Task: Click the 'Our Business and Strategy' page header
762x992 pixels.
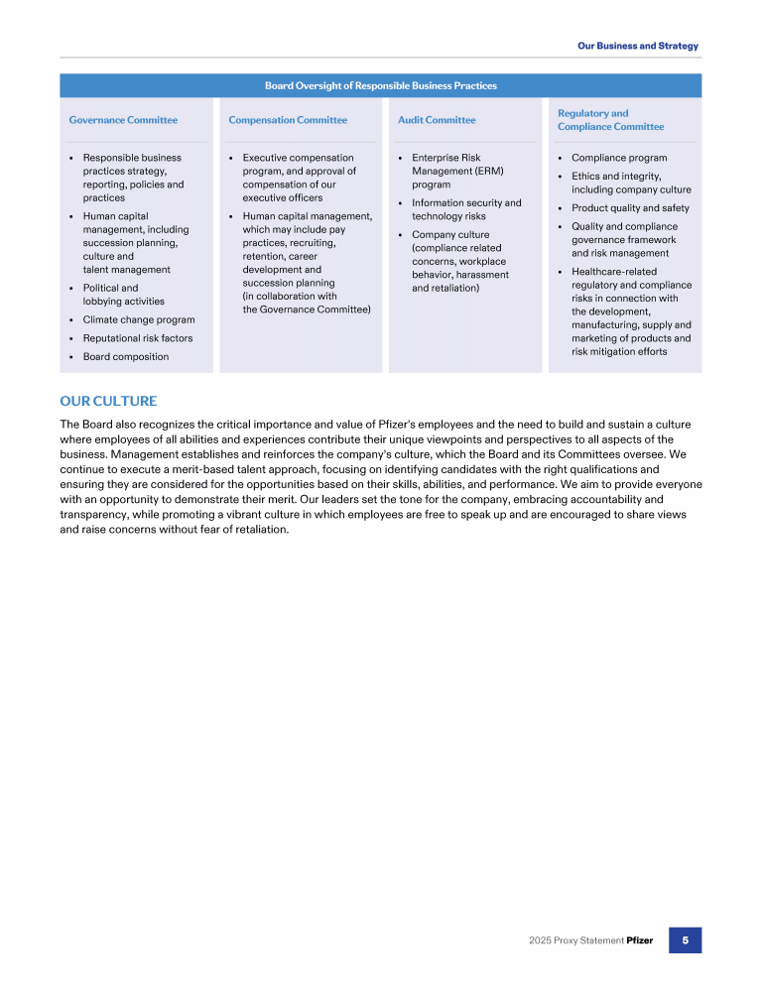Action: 638,46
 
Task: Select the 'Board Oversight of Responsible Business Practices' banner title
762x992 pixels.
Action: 381,85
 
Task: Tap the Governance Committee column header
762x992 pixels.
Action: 123,120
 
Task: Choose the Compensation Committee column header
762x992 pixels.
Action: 288,120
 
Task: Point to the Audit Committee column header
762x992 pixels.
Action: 437,120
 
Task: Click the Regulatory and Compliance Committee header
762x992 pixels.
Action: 610,120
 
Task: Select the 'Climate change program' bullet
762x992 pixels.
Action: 139,319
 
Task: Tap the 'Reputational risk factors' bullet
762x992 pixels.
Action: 138,338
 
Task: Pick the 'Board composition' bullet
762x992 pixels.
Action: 126,357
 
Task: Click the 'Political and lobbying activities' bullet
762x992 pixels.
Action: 124,295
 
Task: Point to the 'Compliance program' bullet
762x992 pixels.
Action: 619,158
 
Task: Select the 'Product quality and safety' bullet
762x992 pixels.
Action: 630,208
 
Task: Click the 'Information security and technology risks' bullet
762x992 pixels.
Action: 466,209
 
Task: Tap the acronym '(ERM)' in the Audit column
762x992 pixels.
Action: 488,171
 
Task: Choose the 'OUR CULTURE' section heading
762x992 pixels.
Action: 108,401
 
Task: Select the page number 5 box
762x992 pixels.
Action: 685,939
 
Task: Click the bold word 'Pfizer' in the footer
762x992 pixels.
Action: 640,940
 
